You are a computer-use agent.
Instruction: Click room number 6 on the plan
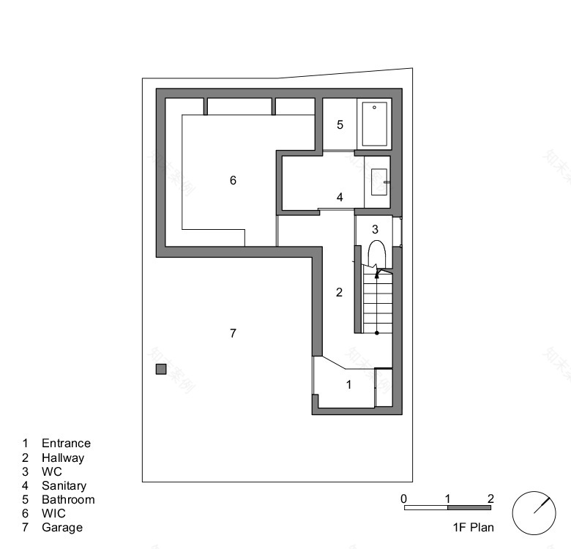[x=233, y=180]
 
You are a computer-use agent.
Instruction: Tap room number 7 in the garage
[x=233, y=334]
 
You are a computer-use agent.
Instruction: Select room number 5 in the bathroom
[x=340, y=125]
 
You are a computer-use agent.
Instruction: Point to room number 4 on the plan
[x=340, y=197]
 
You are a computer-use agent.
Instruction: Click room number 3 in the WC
[x=375, y=230]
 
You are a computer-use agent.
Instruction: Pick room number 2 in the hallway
[x=339, y=293]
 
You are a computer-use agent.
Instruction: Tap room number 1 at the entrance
[x=348, y=384]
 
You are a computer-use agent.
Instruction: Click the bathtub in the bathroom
[x=374, y=124]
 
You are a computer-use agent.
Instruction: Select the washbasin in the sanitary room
[x=379, y=182]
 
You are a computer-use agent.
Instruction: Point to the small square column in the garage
[x=161, y=370]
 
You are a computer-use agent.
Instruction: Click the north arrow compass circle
[x=534, y=512]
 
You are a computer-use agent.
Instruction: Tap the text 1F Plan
[x=473, y=526]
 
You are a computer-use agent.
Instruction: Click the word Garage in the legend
[x=62, y=527]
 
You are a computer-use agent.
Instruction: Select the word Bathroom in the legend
[x=68, y=499]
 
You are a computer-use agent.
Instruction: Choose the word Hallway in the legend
[x=63, y=457]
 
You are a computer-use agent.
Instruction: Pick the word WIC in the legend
[x=53, y=513]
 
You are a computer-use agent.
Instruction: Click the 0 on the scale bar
[x=404, y=498]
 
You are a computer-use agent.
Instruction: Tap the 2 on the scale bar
[x=490, y=498]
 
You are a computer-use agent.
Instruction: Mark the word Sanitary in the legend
[x=64, y=485]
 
